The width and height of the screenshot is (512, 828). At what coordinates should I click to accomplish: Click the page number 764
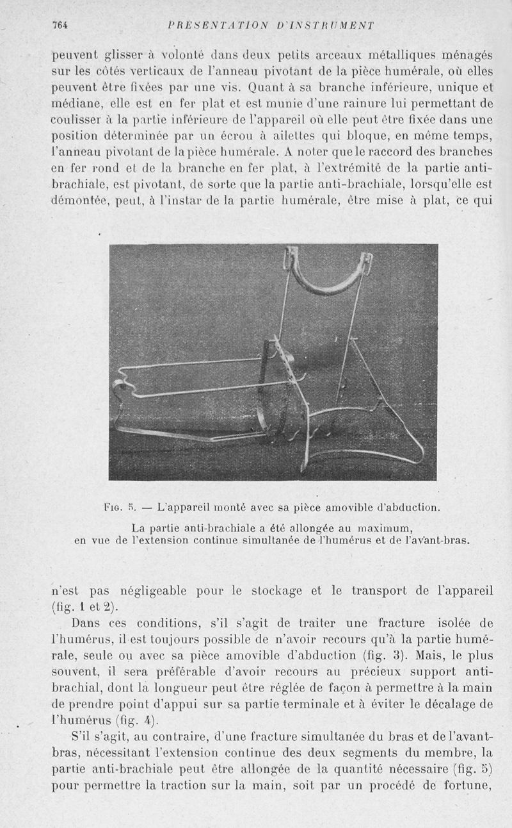click(60, 26)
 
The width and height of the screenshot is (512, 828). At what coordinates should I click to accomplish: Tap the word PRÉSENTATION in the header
click(207, 26)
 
